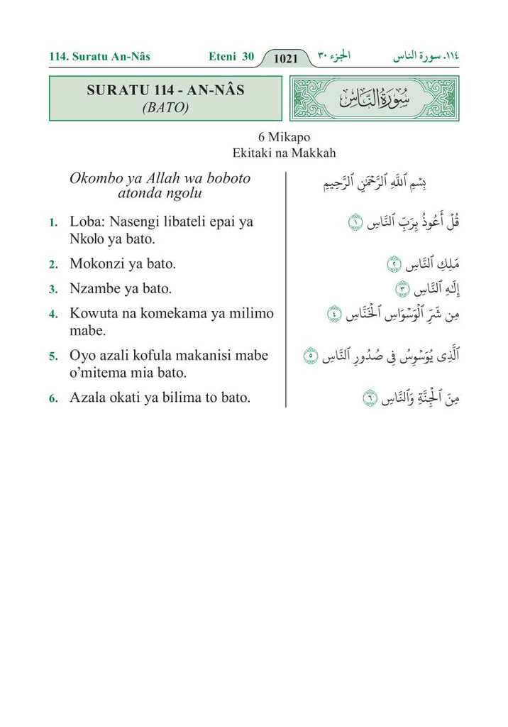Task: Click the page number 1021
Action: (x=285, y=59)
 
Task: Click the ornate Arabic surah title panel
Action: (x=375, y=99)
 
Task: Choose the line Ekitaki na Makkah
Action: (x=283, y=153)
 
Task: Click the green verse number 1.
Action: (x=53, y=223)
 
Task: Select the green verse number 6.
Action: (x=53, y=399)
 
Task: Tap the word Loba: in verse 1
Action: (x=88, y=222)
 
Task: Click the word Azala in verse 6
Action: (x=87, y=398)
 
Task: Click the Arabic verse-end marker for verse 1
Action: (x=354, y=224)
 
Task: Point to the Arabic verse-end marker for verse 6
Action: (x=369, y=400)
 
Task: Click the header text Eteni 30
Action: (x=231, y=57)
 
